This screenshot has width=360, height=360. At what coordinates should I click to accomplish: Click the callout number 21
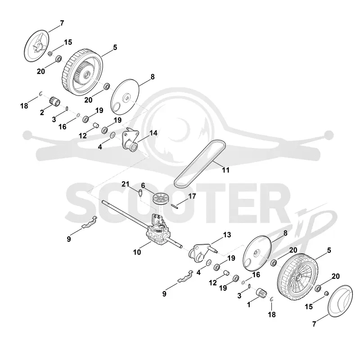click(x=126, y=184)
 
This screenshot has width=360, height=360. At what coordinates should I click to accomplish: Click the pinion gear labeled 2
click(x=54, y=101)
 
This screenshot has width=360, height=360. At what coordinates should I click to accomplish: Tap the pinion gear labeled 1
click(x=261, y=293)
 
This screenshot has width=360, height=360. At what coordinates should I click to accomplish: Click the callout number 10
click(x=137, y=252)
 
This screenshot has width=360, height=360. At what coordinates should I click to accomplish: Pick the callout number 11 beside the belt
click(x=226, y=170)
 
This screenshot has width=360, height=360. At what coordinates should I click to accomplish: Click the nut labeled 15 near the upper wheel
click(x=49, y=54)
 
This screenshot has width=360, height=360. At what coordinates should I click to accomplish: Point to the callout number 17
click(x=192, y=196)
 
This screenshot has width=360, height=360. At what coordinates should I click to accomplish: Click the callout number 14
click(x=153, y=133)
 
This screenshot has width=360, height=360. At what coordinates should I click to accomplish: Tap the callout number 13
click(x=227, y=234)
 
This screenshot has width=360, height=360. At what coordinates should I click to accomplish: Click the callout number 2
click(x=42, y=112)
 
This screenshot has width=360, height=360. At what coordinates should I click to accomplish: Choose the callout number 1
click(x=249, y=305)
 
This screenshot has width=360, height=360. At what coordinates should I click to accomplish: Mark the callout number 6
click(x=143, y=185)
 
